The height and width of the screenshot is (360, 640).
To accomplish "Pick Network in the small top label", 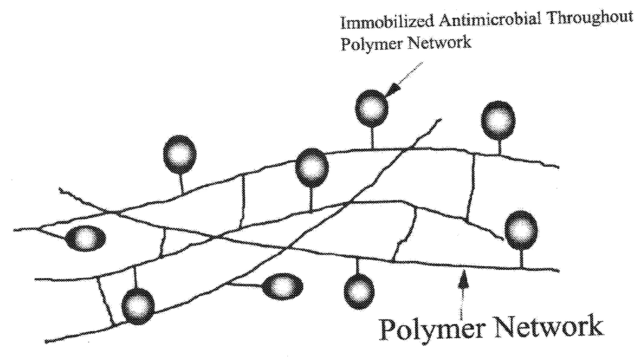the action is pyautogui.click(x=440, y=42).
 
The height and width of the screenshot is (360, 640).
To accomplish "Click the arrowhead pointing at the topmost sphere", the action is pyautogui.click(x=391, y=91).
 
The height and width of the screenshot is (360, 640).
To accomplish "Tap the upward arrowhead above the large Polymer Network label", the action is pyautogui.click(x=462, y=279).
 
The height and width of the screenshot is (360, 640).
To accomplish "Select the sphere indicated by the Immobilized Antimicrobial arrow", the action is pyautogui.click(x=371, y=108).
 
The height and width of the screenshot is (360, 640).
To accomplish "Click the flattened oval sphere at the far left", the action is pyautogui.click(x=86, y=239).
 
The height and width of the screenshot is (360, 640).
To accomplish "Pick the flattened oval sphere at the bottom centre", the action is pyautogui.click(x=282, y=286).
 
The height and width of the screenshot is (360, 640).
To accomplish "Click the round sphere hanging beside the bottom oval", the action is pyautogui.click(x=359, y=291).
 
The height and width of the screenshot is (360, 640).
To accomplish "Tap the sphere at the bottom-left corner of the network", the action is pyautogui.click(x=138, y=306).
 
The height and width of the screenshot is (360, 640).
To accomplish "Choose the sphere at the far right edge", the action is pyautogui.click(x=521, y=230).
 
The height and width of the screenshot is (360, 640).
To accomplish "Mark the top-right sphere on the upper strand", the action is pyautogui.click(x=498, y=120).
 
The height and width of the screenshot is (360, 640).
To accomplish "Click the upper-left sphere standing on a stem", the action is pyautogui.click(x=180, y=154).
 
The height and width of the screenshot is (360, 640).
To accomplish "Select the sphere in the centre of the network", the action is pyautogui.click(x=312, y=168).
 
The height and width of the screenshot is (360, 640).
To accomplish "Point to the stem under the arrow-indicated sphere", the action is pyautogui.click(x=371, y=137).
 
